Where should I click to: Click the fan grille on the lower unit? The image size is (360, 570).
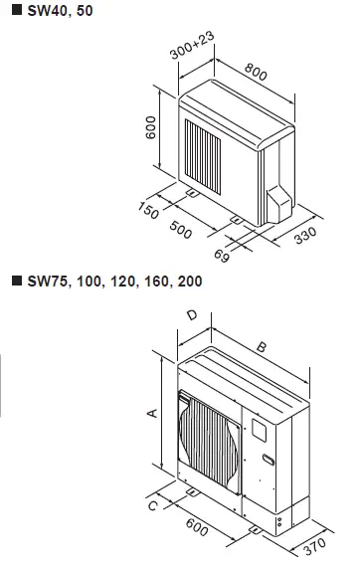pos(209,439)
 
